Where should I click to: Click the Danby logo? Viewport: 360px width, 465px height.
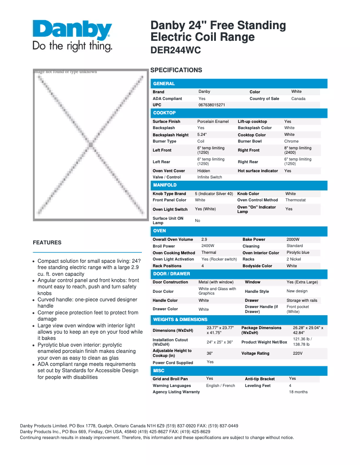(72, 35)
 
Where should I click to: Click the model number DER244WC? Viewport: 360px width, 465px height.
(176, 51)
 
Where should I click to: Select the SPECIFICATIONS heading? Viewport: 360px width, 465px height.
(176, 70)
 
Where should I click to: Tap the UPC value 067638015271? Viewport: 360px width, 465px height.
(212, 105)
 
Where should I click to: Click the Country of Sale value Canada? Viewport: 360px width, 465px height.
(298, 99)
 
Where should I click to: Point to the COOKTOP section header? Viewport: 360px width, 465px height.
(164, 113)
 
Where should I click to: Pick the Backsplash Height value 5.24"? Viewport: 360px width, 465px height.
(205, 135)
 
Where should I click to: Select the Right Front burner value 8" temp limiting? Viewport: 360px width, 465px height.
(297, 150)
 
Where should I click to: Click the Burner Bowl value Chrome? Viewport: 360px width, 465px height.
(291, 141)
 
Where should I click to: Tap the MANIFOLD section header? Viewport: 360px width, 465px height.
(165, 185)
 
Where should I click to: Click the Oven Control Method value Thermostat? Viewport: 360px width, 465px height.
(295, 200)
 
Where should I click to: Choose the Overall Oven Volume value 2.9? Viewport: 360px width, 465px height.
(204, 239)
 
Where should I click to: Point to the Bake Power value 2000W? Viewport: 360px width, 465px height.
(293, 239)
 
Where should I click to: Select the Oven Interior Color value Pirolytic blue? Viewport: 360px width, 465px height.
(298, 252)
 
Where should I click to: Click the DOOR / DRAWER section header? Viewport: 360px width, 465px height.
(171, 274)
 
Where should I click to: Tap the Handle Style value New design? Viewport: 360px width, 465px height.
(297, 291)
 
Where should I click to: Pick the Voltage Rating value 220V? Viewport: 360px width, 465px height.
(298, 353)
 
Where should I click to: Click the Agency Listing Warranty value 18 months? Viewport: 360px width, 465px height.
(298, 392)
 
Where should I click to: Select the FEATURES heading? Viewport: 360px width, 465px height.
(47, 243)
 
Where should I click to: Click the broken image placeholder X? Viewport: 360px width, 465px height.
(90, 145)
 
